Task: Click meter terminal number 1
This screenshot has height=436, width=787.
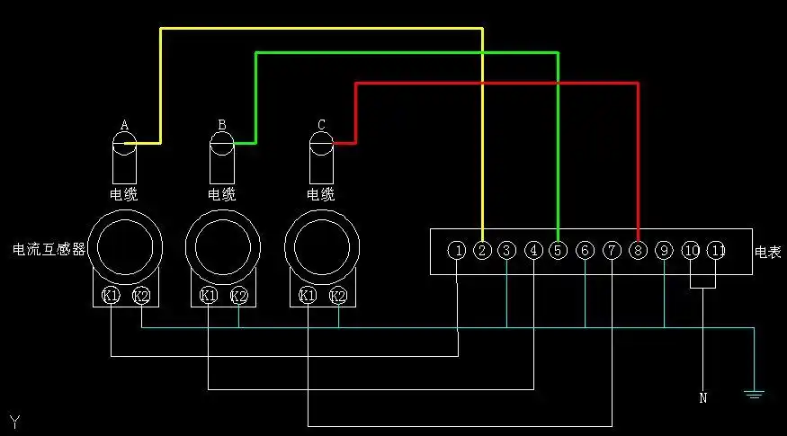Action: (459, 251)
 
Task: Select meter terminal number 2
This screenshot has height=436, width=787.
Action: (483, 251)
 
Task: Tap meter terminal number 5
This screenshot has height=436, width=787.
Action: (558, 251)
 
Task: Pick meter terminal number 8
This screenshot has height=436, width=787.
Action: (638, 251)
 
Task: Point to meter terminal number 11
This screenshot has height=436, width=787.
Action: (716, 251)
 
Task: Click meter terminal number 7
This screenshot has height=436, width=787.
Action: (612, 251)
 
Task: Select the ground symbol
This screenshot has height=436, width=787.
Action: (754, 393)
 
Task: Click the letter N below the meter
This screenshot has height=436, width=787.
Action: (702, 397)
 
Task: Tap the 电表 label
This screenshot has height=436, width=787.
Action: (767, 253)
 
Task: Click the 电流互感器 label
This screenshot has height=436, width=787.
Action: (49, 249)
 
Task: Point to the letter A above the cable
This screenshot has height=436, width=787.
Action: (124, 124)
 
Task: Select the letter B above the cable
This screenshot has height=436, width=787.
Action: (222, 124)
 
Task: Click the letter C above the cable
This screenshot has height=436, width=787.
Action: (321, 124)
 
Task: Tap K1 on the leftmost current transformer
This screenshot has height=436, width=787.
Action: (111, 295)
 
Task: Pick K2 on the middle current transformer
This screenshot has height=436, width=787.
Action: (238, 295)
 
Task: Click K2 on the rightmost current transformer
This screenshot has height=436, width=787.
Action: (338, 295)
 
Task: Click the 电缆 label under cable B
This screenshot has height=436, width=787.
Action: (221, 194)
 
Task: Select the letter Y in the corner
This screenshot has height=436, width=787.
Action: (14, 422)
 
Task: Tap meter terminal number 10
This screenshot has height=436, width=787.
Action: (691, 251)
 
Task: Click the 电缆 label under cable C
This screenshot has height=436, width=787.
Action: (320, 194)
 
